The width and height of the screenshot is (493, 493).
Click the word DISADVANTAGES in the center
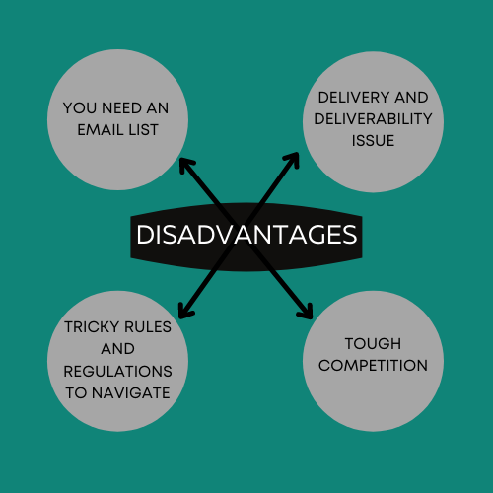(x=246, y=235)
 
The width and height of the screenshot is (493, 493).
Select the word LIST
(x=143, y=130)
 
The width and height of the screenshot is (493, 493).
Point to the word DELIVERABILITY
(x=373, y=119)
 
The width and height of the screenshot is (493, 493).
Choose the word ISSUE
(x=373, y=141)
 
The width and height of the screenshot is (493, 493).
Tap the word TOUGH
(x=373, y=344)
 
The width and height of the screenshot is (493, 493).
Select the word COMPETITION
(x=373, y=366)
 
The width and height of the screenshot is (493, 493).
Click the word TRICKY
(x=92, y=327)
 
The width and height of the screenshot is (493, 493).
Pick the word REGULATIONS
(x=117, y=372)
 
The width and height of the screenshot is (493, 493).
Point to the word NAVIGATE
(x=131, y=393)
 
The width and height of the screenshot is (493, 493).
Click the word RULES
(x=148, y=327)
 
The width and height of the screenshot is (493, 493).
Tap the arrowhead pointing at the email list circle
(x=186, y=166)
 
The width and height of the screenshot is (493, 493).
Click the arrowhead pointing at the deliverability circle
(x=293, y=160)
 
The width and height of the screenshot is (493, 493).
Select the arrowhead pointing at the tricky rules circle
(x=185, y=312)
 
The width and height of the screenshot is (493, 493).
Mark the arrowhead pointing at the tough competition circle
(x=306, y=312)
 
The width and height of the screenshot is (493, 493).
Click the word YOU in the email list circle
(x=80, y=108)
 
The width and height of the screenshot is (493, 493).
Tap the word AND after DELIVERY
(x=411, y=98)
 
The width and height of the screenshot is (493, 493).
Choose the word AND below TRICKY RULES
(x=117, y=349)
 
